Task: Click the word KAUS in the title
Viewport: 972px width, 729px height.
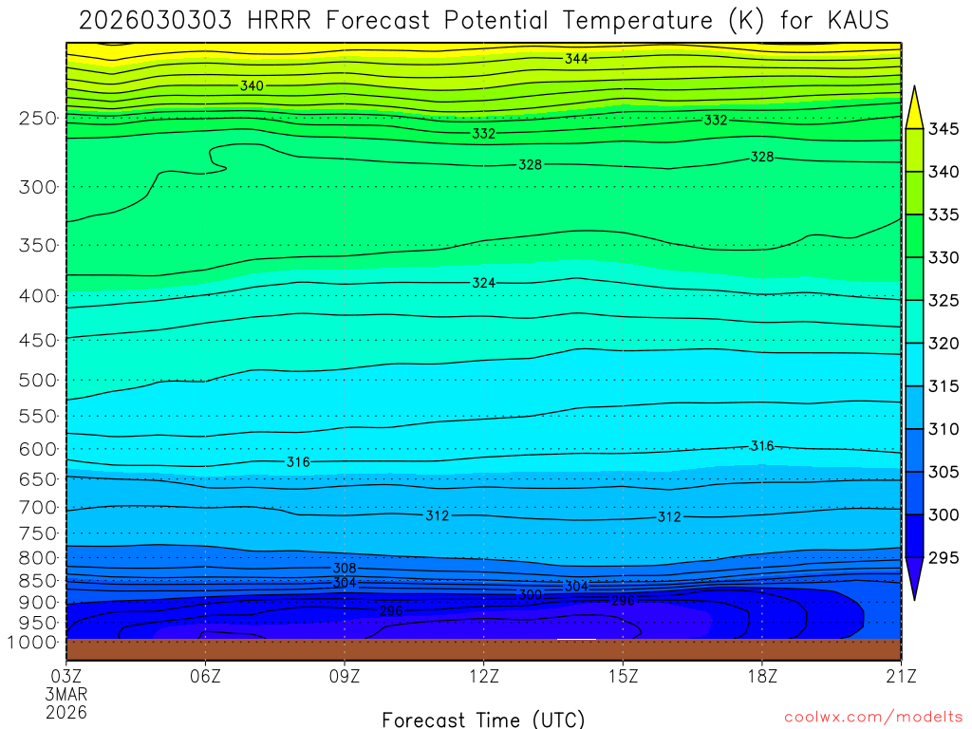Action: tap(853, 20)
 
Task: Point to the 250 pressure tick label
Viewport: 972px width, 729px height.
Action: tap(38, 119)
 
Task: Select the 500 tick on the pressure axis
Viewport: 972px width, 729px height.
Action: tap(38, 381)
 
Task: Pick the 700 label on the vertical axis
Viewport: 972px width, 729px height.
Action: tap(38, 508)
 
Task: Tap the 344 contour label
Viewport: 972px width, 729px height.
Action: tap(576, 59)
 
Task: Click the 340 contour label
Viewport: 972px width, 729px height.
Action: tap(252, 86)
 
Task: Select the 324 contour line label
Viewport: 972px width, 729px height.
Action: tap(483, 283)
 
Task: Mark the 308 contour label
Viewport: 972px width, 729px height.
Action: tap(344, 568)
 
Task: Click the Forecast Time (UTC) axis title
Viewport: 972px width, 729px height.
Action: tap(483, 719)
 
